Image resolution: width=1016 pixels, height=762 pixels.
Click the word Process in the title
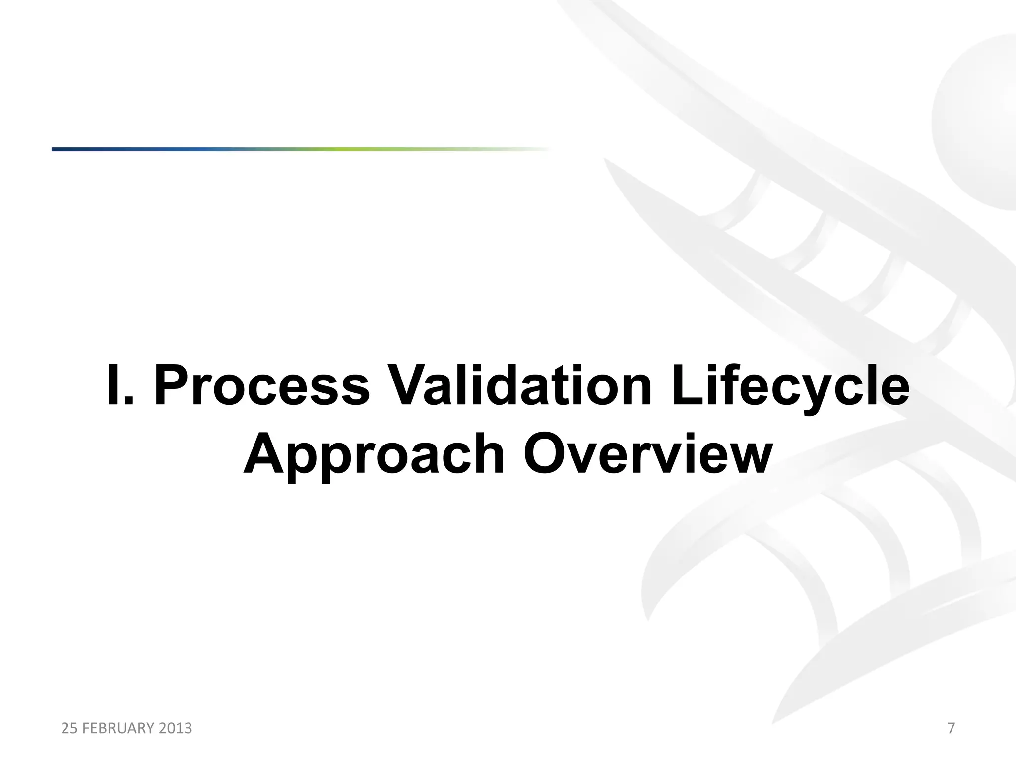pyautogui.click(x=261, y=386)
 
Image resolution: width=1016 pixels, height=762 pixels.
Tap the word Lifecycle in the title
pyautogui.click(x=791, y=386)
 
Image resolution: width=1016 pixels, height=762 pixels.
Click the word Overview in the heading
pyautogui.click(x=648, y=452)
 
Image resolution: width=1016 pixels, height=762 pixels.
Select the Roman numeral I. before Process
pyautogui.click(x=120, y=385)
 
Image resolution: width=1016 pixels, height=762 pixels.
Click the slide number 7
pyautogui.click(x=951, y=728)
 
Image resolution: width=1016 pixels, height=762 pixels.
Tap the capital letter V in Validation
pyautogui.click(x=404, y=385)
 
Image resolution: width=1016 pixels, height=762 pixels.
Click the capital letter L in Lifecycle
pyautogui.click(x=687, y=385)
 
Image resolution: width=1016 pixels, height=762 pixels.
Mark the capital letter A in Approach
pyautogui.click(x=267, y=452)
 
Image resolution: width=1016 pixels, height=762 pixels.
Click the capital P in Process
pyautogui.click(x=175, y=385)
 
